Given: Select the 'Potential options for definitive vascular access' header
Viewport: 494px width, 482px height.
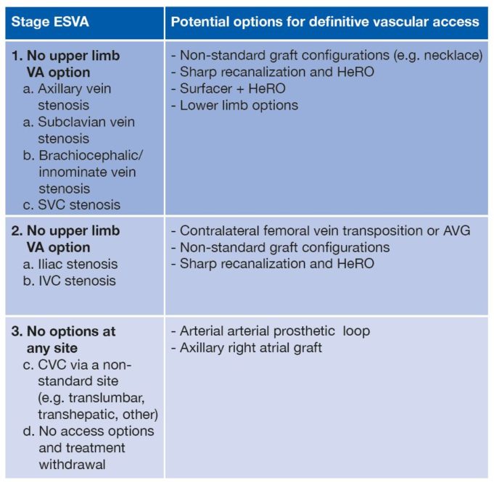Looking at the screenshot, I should (324, 21).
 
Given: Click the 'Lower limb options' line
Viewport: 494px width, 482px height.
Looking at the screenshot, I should (234, 104).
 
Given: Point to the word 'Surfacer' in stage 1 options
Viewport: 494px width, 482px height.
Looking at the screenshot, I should (202, 88).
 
